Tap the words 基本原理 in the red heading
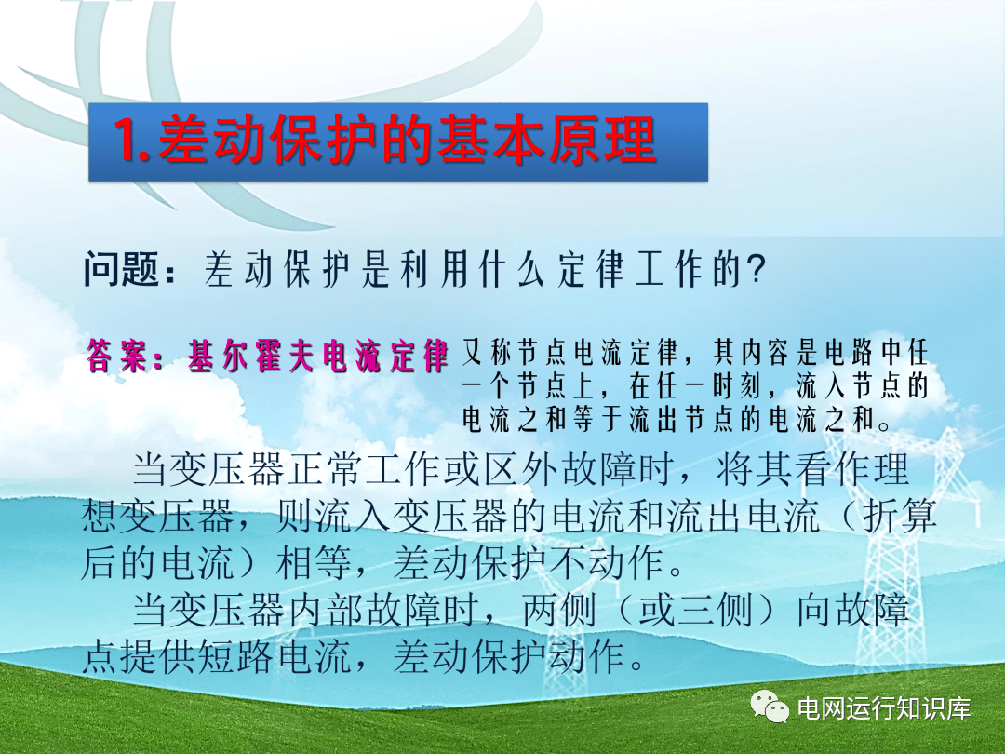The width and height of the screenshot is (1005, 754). click(x=547, y=139)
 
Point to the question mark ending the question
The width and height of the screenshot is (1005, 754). click(x=757, y=269)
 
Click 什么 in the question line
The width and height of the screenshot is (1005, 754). click(x=512, y=269)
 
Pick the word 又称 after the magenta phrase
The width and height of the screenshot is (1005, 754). click(x=485, y=352)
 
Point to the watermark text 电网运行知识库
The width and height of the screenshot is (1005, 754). click(x=884, y=708)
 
